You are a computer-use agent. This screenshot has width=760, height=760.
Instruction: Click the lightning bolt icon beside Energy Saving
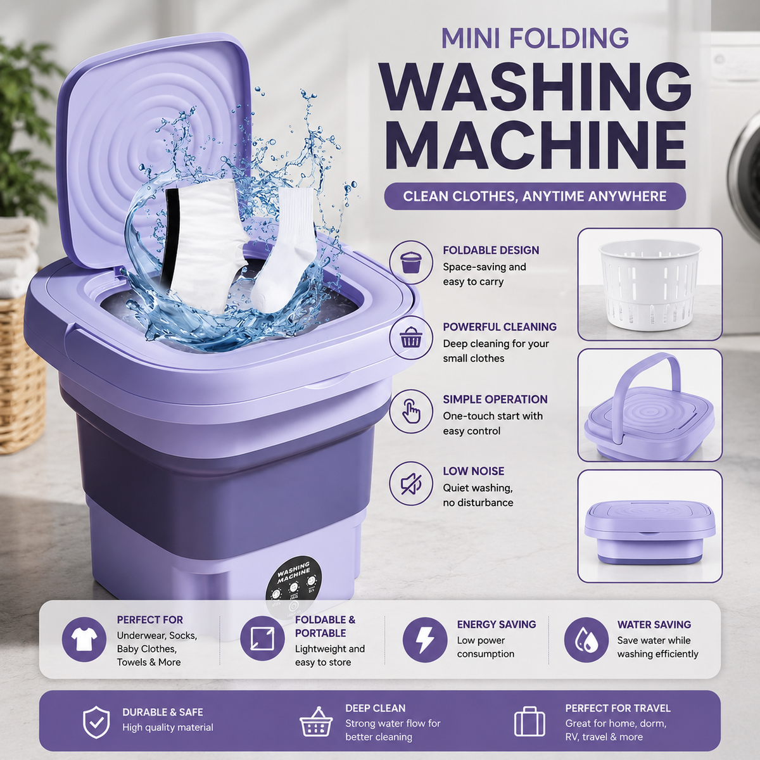[425, 639]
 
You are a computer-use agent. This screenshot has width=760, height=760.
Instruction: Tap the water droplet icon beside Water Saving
[586, 639]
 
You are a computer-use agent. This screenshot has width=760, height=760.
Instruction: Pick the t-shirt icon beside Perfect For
[84, 639]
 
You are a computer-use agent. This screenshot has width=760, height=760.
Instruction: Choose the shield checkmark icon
[96, 722]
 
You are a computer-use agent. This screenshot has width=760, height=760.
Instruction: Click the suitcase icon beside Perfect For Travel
[529, 722]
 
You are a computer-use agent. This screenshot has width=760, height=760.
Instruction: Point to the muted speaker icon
[411, 483]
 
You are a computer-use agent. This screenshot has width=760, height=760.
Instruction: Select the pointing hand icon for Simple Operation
[411, 412]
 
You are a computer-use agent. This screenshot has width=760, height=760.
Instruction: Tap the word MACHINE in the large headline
[537, 145]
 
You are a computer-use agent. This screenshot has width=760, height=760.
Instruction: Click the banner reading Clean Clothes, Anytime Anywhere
[535, 196]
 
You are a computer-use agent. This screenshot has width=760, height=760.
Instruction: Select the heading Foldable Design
[491, 250]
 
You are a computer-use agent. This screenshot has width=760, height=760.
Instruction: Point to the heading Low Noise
[473, 471]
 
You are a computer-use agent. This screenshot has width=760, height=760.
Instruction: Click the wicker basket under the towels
[22, 375]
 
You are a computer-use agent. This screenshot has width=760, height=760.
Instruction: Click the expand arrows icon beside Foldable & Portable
[263, 638]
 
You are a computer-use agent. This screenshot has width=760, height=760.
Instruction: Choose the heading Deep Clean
[375, 708]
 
